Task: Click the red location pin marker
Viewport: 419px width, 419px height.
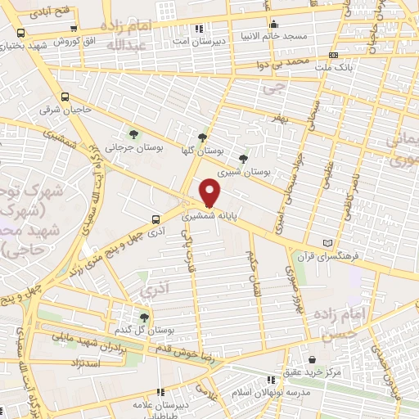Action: [210, 191]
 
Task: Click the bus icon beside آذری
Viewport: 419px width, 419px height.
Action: [155, 219]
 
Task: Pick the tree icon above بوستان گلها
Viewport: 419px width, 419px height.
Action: [202, 137]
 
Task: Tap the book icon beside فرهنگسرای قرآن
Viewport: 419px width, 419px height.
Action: [328, 243]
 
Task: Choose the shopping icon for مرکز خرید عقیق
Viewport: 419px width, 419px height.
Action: [314, 358]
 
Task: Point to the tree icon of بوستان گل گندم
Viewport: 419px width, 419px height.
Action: [144, 317]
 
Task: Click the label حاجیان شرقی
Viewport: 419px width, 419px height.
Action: [91, 109]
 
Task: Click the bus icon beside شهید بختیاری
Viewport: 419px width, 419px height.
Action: [20, 34]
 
